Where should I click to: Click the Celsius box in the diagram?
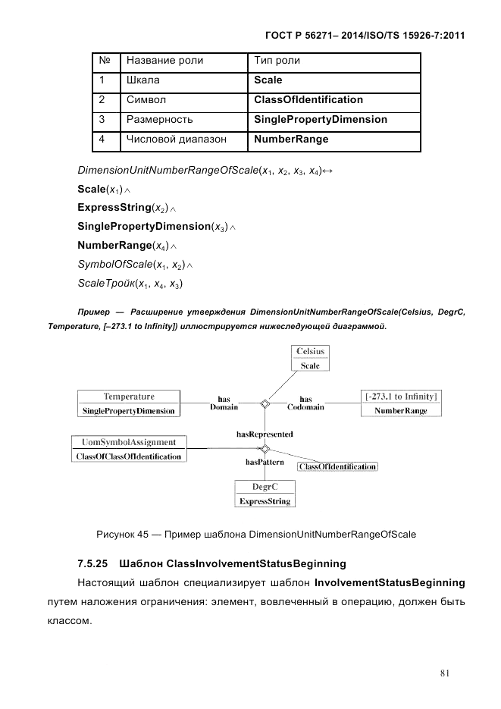[x=310, y=358]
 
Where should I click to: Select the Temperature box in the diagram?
[x=129, y=403]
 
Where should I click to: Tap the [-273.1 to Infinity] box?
[x=401, y=403]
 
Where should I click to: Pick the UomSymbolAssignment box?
[x=128, y=449]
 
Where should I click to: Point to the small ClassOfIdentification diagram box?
[x=337, y=466]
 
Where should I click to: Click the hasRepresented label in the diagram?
[x=265, y=434]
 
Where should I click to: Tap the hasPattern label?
[x=265, y=460]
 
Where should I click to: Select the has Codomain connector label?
[x=305, y=403]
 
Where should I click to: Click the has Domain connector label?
[x=224, y=403]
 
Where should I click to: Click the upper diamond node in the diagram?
[x=265, y=403]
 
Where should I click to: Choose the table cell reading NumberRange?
[x=291, y=140]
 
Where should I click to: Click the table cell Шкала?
[x=142, y=80]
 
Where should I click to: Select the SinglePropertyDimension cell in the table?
[x=320, y=119]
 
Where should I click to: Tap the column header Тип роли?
[x=277, y=60]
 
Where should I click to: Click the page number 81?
[x=446, y=671]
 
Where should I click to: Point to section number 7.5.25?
[x=94, y=563]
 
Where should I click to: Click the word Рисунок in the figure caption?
[x=115, y=534]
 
